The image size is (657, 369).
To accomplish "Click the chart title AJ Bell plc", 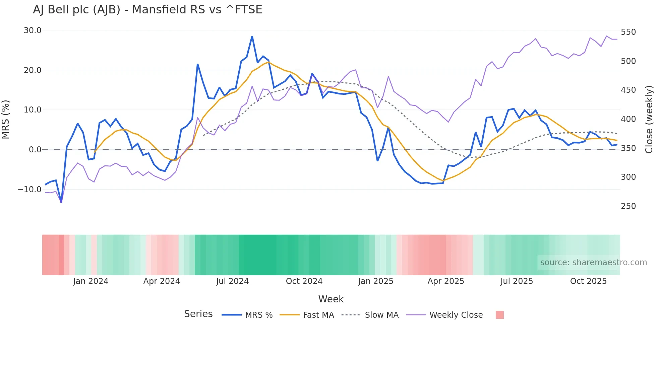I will point(147,9).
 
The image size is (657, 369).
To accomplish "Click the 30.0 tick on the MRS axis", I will point(33,30).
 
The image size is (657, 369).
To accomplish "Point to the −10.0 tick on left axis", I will point(29,190).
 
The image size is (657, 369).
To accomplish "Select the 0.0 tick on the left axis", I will point(35,150).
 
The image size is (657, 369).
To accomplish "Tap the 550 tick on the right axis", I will point(628,32).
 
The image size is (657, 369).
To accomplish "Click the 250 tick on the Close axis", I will point(628,206).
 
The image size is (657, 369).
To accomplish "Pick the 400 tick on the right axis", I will point(628,119).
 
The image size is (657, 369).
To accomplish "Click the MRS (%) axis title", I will point(6,119).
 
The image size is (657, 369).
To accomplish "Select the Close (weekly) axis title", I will point(649,119).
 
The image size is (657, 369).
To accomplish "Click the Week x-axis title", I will point(331,299).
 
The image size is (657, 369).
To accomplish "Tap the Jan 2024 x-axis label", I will point(91,281).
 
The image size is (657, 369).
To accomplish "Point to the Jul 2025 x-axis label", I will point(517,281).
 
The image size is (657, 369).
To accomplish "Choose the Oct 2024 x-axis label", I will point(304,281).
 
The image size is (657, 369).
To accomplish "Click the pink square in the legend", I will point(499,315).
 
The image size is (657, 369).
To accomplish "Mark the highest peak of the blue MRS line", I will point(252,36).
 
